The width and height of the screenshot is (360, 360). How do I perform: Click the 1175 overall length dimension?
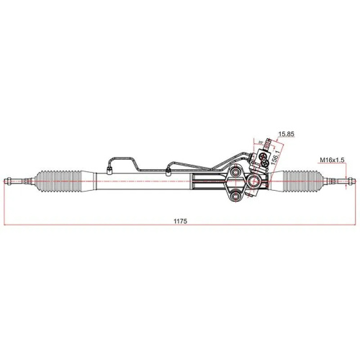[x=180, y=222]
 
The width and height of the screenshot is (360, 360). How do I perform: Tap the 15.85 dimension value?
[x=287, y=135]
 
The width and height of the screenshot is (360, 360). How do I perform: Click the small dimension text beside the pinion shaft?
[x=259, y=143]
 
